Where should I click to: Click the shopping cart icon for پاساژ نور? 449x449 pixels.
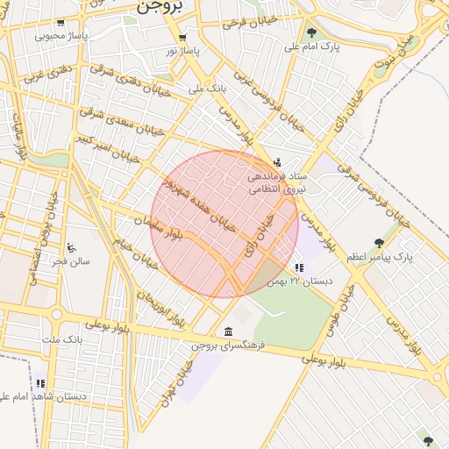click(182, 38)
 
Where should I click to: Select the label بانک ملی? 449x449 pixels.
click(208, 89)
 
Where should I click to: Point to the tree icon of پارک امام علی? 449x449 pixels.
click(311, 32)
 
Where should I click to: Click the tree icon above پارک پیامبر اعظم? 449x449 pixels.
click(379, 243)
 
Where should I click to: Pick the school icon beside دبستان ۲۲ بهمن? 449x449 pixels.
click(299, 267)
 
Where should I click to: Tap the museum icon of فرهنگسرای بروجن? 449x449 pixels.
click(229, 331)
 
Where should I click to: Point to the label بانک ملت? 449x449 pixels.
click(62, 338)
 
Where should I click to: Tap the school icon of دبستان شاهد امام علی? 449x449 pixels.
click(40, 383)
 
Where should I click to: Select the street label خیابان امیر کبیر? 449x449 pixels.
click(108, 149)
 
